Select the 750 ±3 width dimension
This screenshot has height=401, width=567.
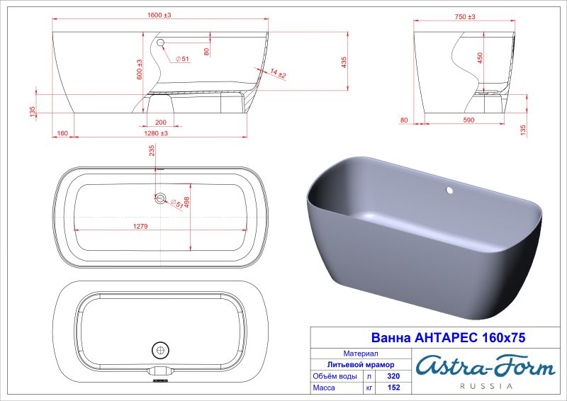pos(463,14)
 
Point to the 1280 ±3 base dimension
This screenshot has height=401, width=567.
pos(160,133)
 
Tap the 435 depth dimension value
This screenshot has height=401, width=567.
pos(344,64)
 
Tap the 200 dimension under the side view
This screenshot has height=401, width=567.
pos(161,122)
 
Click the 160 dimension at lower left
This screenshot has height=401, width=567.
pos(62,133)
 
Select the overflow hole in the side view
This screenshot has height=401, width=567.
pos(159,44)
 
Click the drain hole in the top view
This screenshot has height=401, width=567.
pos(160,199)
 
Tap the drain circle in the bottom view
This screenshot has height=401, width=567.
pos(160,349)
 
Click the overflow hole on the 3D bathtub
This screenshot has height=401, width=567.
pos(449,191)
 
